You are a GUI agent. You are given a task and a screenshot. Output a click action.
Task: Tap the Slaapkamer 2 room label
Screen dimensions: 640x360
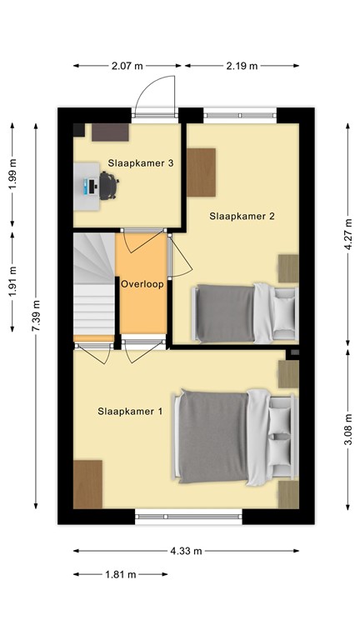242,216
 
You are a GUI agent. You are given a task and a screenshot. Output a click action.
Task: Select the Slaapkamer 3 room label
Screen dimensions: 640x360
140,163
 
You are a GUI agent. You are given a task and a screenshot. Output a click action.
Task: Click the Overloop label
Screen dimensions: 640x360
142,283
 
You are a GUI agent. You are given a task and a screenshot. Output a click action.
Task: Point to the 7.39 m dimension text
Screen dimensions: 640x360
36,316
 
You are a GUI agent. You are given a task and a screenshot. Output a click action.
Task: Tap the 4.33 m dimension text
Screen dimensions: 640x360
187,551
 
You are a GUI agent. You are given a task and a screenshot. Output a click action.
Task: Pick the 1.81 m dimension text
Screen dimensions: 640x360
121,574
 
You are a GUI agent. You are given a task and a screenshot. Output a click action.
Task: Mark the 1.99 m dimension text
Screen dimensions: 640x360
12,175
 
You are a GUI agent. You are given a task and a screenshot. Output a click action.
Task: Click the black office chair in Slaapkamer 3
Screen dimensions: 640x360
109,185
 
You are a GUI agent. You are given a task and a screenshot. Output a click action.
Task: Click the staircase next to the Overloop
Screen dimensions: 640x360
92,283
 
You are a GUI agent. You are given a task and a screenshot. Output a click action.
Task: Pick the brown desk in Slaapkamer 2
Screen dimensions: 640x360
201,171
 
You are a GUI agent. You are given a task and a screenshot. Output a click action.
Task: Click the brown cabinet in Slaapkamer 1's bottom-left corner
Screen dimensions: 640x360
87,482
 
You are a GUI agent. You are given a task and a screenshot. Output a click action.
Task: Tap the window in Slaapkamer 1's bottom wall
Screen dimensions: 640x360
188,516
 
